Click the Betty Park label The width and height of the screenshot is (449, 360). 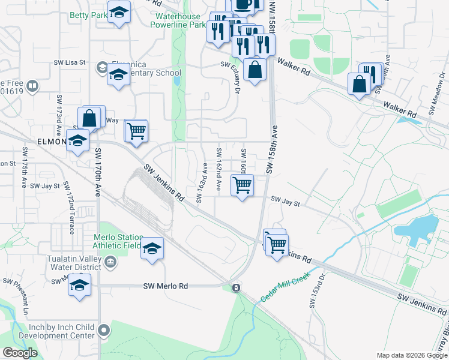88,15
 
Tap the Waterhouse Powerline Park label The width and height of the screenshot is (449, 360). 180,21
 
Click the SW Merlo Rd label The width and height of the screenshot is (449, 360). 166,286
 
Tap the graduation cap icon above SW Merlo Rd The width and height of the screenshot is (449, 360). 152,248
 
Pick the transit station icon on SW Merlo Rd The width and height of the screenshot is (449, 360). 237,287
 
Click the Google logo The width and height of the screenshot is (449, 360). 20,353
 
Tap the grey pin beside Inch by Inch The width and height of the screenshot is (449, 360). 104,330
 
